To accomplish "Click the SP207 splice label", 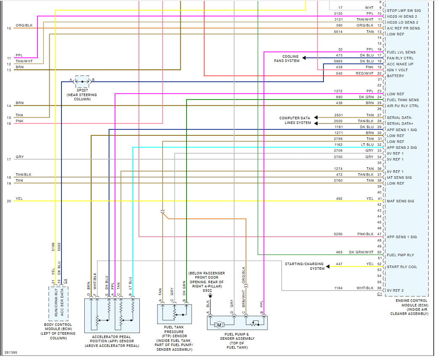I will [x=82, y=90].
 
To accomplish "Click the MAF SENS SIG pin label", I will [x=401, y=201].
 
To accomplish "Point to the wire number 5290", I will [x=338, y=234].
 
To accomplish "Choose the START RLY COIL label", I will [x=401, y=267].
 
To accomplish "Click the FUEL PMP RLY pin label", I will [x=401, y=255].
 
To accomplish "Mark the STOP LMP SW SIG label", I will [x=403, y=11].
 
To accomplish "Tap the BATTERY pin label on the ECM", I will [x=395, y=76].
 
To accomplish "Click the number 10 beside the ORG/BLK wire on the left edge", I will [x=9, y=28].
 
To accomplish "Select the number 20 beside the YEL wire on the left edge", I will [x=9, y=201].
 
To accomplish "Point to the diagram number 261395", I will [x=11, y=352].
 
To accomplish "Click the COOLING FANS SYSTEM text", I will [x=291, y=59].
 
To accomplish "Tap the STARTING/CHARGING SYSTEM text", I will [x=305, y=266].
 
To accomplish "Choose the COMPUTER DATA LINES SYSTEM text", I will [x=295, y=121].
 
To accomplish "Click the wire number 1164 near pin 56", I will [x=338, y=288].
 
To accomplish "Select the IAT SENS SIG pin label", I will [x=399, y=177].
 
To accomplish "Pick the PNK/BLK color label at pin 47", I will [x=365, y=234].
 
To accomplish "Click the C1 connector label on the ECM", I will [x=379, y=293].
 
